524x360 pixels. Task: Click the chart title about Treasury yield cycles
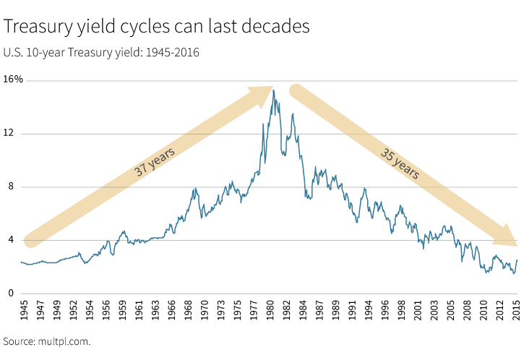tap(157, 27)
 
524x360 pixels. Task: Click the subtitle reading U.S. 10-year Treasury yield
tap(101, 52)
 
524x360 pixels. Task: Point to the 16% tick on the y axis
tap(14, 80)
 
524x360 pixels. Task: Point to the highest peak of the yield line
tap(274, 90)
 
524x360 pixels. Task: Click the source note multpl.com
tap(47, 340)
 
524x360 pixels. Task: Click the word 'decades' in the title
tap(277, 27)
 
